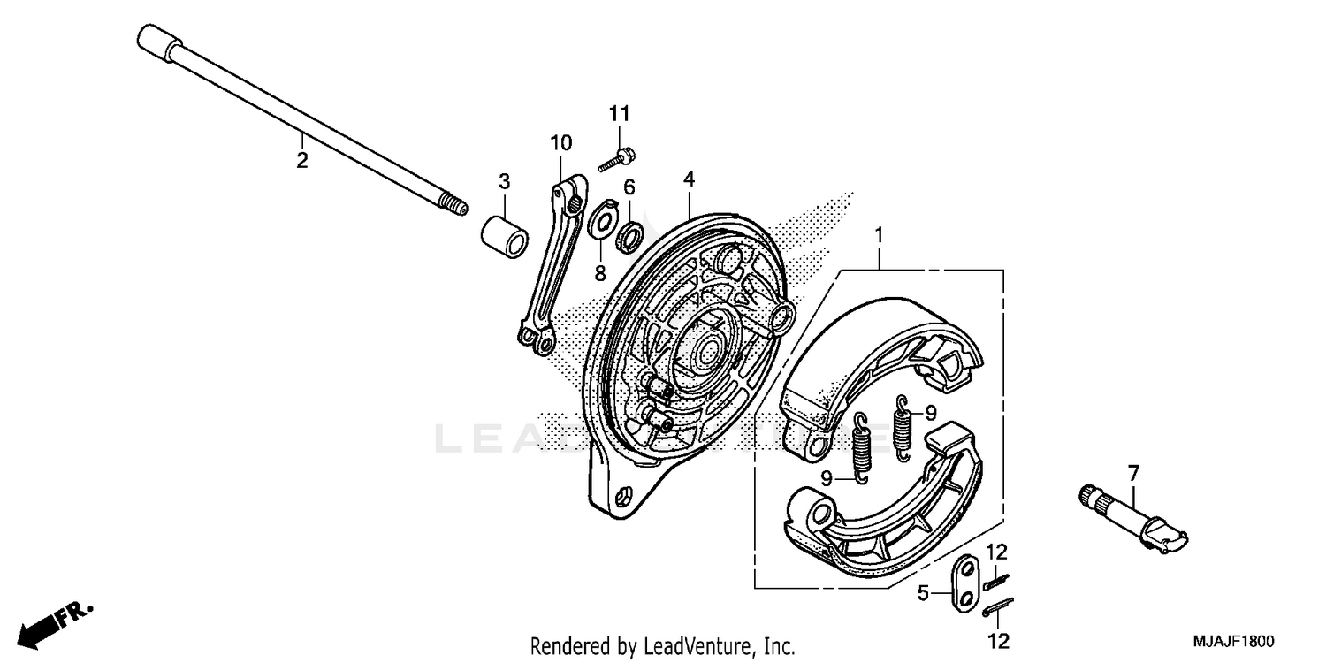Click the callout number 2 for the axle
pos(302,161)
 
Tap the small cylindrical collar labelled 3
pos(504,233)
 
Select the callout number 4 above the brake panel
pos(688,179)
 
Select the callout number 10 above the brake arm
pos(561,143)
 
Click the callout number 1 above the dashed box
pos(879,211)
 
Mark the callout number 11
pos(619,113)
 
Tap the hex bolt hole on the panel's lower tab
pos(624,498)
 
